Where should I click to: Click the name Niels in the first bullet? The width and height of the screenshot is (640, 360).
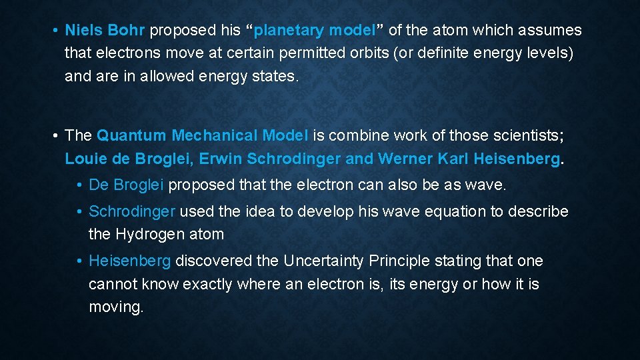(81, 31)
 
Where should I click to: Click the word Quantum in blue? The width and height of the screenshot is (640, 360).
(131, 136)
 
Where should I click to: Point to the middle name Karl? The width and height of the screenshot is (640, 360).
(453, 159)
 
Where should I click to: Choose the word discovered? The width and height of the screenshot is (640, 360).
(215, 261)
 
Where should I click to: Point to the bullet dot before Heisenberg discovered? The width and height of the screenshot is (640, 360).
(79, 261)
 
